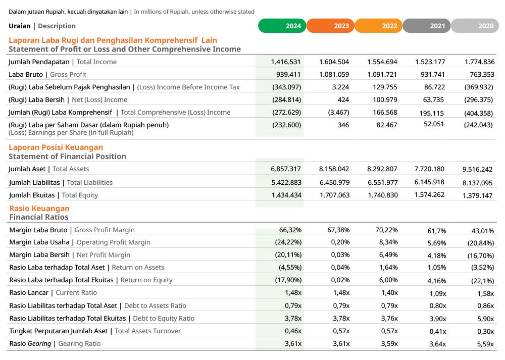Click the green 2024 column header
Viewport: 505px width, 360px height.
click(x=282, y=26)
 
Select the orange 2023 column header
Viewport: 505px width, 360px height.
click(x=330, y=26)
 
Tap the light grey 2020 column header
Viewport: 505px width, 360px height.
click(x=475, y=26)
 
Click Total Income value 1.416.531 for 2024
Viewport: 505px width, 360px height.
click(x=285, y=62)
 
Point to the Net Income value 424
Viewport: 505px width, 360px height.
click(x=343, y=100)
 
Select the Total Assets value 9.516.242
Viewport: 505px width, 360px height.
click(x=477, y=170)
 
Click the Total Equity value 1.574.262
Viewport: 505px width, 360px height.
click(x=429, y=194)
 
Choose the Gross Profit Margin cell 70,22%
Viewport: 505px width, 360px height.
click(x=387, y=230)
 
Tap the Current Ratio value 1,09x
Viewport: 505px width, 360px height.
click(x=437, y=293)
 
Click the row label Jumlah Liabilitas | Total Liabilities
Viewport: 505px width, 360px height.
click(x=61, y=183)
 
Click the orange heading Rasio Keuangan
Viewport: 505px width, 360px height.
click(x=39, y=209)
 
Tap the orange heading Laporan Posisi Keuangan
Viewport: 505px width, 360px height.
click(x=56, y=147)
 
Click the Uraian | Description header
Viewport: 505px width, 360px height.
click(x=42, y=26)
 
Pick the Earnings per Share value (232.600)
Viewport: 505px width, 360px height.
click(x=286, y=125)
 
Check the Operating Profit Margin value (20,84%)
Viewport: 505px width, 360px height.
click(x=480, y=243)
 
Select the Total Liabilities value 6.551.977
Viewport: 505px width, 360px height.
click(x=382, y=182)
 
